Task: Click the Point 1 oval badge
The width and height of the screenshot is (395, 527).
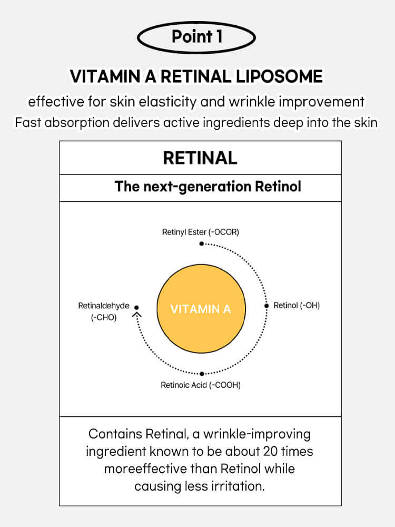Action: point(196,37)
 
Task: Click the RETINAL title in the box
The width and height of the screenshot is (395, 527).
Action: point(200,158)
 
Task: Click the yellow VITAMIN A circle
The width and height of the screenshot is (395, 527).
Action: point(201,309)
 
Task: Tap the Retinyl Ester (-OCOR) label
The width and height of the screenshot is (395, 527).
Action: point(201,231)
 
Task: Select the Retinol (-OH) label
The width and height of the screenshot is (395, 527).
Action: point(297,305)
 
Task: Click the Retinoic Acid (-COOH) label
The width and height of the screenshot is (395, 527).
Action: point(201,385)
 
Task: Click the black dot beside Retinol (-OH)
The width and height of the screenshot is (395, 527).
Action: point(266,306)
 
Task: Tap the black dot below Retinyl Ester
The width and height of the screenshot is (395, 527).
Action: point(201,243)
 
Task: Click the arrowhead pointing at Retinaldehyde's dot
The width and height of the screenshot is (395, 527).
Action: point(137,315)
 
